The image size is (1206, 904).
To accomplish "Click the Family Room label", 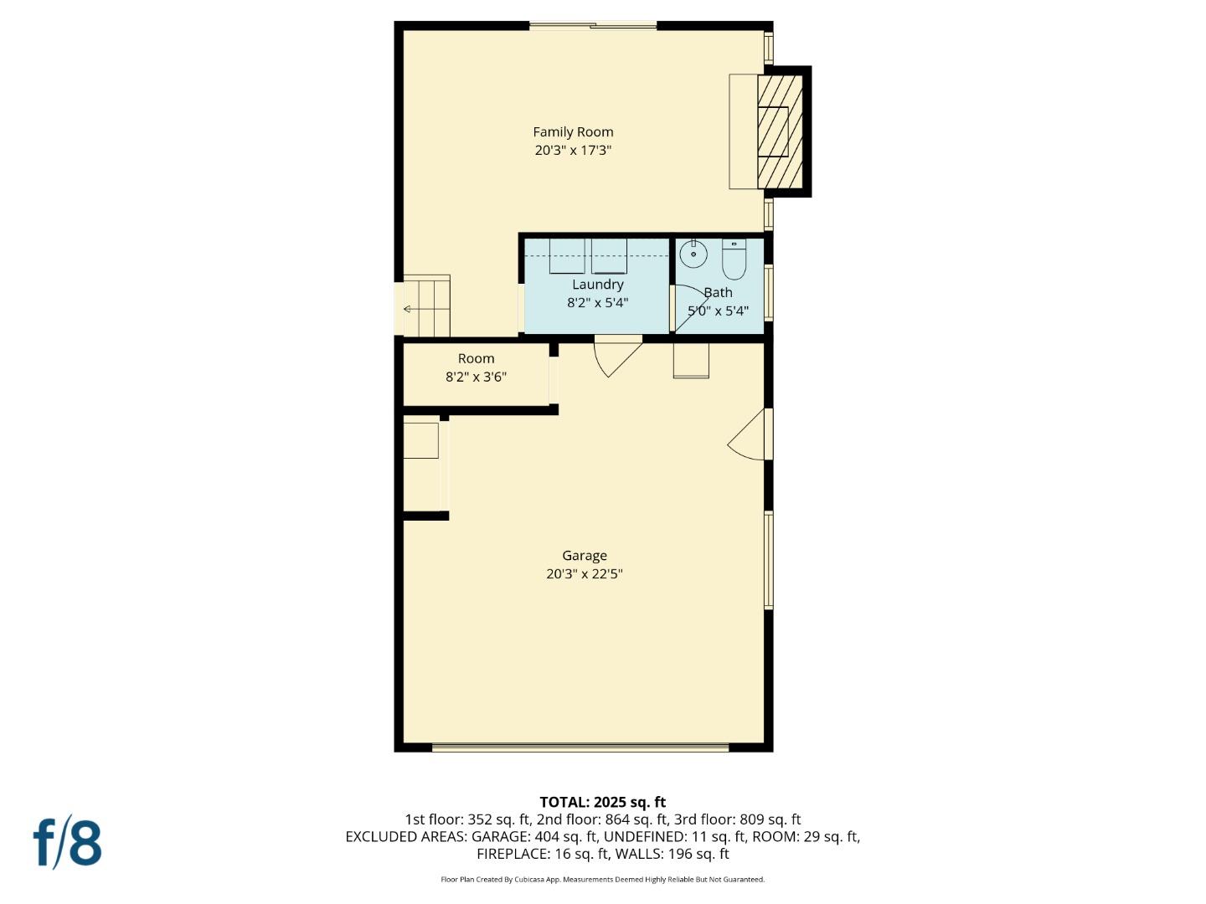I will [573, 131].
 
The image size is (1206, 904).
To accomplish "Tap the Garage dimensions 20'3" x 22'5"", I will [584, 574].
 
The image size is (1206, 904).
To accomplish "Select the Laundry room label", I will [597, 285].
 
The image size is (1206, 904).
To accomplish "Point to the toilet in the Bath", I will [734, 259].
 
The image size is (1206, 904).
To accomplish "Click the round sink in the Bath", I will [693, 253].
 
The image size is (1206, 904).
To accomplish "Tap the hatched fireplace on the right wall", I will [781, 131].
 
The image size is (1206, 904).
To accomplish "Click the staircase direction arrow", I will [408, 309].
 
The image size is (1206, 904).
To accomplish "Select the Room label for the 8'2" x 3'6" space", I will [476, 358].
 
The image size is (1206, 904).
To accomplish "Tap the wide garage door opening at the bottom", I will [580, 747].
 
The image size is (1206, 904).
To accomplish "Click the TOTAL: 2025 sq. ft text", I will [602, 802].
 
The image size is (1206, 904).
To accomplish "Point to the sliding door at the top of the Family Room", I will [593, 26].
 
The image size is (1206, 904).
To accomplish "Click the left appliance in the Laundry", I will [566, 256].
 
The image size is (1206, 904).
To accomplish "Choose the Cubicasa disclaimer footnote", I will [602, 880].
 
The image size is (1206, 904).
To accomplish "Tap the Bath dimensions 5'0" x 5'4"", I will [718, 311].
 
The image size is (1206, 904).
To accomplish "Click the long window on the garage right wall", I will [768, 560].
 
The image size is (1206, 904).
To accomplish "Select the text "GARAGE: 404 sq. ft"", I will [534, 836].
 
